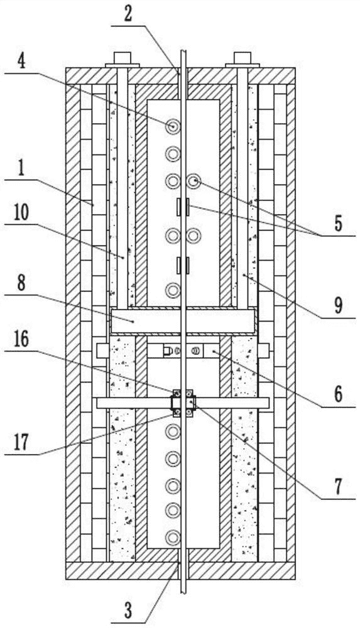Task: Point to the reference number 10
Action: click(x=20, y=214)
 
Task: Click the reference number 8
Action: click(x=21, y=283)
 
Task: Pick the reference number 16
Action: click(x=21, y=340)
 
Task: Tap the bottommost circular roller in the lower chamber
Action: click(x=173, y=536)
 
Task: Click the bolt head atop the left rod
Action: click(x=123, y=59)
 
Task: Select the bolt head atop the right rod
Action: click(x=242, y=59)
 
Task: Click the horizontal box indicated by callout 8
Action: click(x=183, y=321)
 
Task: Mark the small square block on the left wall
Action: click(x=102, y=351)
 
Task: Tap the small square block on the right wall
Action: click(x=263, y=351)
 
